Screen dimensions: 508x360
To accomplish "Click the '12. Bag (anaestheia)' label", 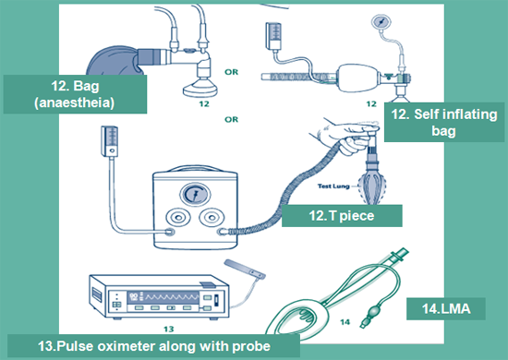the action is click(x=75, y=94).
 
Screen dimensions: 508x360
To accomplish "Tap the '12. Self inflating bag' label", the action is click(x=444, y=123).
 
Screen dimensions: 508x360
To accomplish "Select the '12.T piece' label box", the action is click(x=342, y=216).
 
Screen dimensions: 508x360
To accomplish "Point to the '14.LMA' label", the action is click(x=446, y=309).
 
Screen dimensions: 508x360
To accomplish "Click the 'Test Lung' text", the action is click(x=333, y=186).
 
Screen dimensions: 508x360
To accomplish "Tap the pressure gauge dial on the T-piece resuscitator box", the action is click(x=195, y=195).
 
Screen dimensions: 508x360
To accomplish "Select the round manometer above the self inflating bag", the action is click(x=381, y=21).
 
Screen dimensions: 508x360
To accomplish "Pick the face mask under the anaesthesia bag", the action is click(x=200, y=88).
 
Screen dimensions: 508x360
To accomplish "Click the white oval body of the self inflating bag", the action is click(x=358, y=78).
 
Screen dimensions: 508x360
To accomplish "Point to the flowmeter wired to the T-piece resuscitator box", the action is click(x=109, y=141).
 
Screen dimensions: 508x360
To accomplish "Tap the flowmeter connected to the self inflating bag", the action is click(x=273, y=36).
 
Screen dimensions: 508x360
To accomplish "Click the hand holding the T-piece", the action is click(x=344, y=135).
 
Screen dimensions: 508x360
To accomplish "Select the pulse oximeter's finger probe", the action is click(x=245, y=270).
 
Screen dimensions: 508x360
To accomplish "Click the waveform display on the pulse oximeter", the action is click(x=163, y=297).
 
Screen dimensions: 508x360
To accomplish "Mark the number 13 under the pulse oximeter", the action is click(x=169, y=330).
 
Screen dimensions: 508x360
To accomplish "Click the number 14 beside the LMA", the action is click(x=345, y=322).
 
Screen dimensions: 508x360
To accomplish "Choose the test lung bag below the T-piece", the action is click(x=373, y=187).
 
